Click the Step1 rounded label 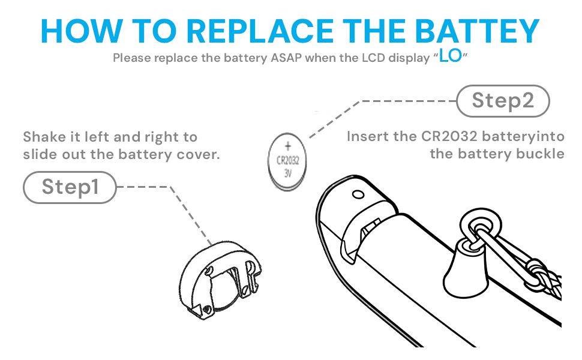[69, 187]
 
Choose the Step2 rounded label [503, 101]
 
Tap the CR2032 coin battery [287, 160]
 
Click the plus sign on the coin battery [287, 146]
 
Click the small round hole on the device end [358, 194]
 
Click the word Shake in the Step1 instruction [43, 137]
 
